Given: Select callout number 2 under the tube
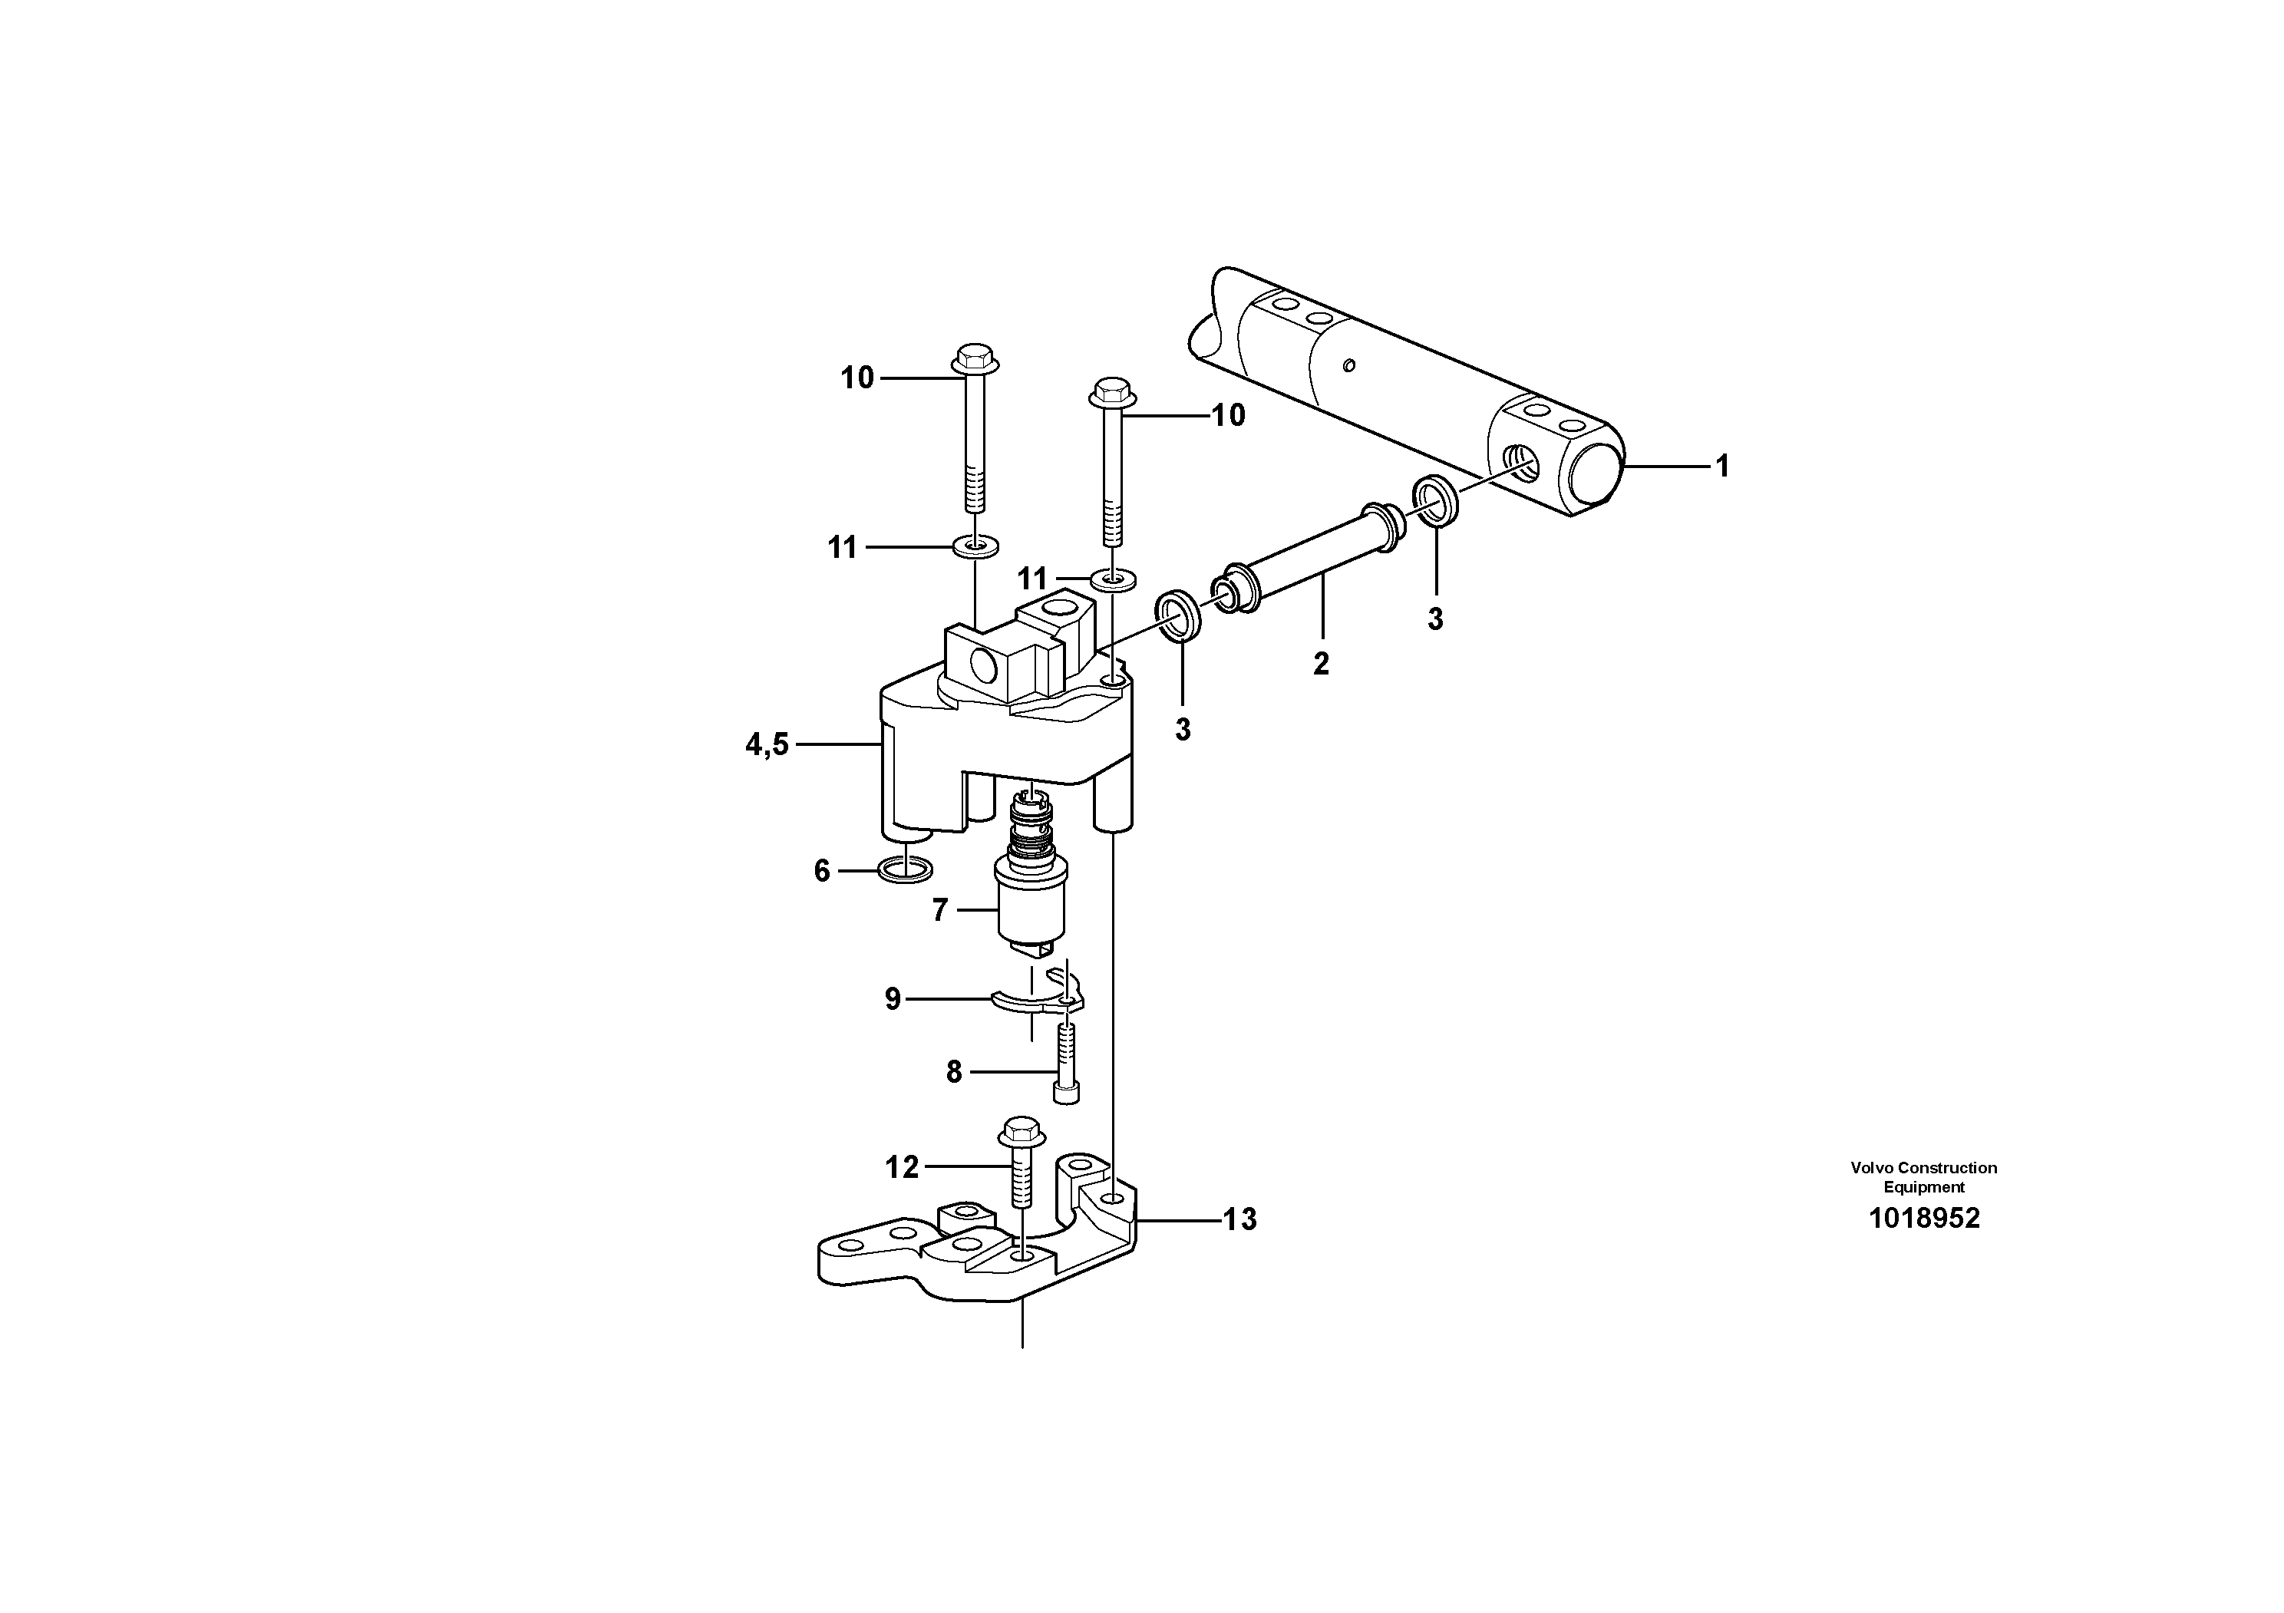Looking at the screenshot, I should click(1321, 663).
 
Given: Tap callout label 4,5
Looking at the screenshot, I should click(767, 744).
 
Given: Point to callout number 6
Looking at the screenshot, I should click(822, 871).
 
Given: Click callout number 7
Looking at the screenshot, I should click(940, 910).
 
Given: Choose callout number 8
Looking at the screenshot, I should click(954, 1072).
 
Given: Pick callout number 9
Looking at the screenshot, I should click(893, 998).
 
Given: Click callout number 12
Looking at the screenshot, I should click(903, 1166).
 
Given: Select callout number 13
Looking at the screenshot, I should click(1239, 1219).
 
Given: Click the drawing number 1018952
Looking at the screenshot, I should click(1924, 1219).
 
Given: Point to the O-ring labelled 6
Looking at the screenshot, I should click(906, 871).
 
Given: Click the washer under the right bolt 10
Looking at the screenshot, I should click(1111, 578).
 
